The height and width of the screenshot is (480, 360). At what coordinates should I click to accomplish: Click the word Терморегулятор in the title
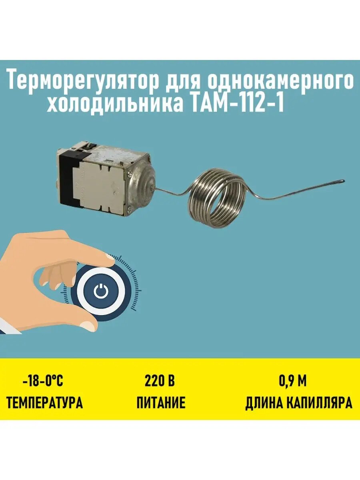tap(82, 82)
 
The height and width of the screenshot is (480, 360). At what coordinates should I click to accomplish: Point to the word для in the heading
tap(184, 82)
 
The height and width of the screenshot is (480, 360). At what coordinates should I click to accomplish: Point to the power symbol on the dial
tap(100, 292)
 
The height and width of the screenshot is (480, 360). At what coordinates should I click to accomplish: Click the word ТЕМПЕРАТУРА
tap(44, 402)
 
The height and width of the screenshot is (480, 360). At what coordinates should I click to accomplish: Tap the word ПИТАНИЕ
tap(161, 402)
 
